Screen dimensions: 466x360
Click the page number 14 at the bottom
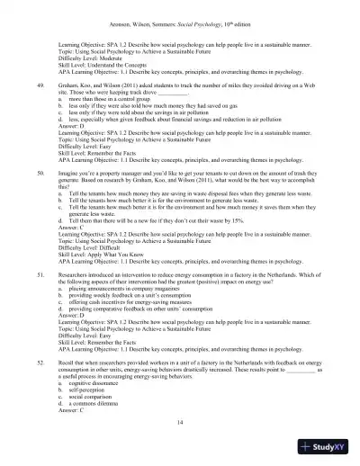[x=180, y=422]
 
